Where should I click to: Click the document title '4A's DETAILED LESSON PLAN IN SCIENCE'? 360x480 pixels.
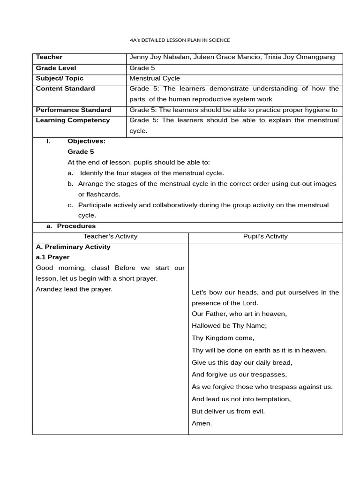(x=180, y=40)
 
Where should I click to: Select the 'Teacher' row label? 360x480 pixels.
(x=49, y=57)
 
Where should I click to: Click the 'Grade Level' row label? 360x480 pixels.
(x=56, y=68)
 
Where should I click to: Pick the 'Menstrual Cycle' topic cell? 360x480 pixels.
(x=155, y=78)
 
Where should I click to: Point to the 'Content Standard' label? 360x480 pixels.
(x=65, y=89)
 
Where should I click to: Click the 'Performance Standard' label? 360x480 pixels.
(x=74, y=110)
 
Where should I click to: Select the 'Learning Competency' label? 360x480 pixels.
(x=73, y=120)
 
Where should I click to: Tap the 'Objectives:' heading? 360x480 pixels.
(x=86, y=141)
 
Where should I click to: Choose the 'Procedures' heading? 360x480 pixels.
(x=76, y=226)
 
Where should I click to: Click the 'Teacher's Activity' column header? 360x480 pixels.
(x=110, y=236)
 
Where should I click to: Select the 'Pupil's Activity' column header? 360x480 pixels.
(x=265, y=236)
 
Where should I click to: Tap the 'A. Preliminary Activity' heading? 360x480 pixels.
(x=73, y=247)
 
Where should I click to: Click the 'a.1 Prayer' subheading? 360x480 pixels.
(x=52, y=257)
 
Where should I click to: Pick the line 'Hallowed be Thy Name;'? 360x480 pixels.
(x=228, y=325)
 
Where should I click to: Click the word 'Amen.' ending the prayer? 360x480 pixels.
(x=202, y=423)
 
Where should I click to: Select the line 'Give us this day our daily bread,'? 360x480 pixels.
(x=242, y=362)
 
